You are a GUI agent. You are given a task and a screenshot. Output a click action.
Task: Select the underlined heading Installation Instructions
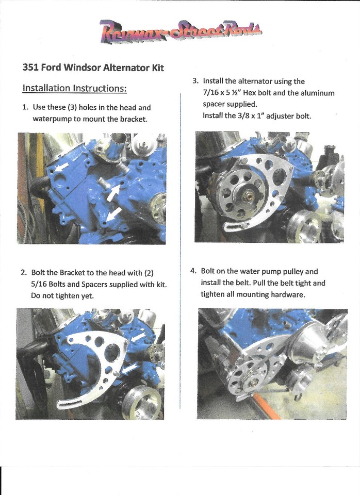pyautogui.click(x=75, y=88)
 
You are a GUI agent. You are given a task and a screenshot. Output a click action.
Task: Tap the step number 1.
pyautogui.click(x=24, y=108)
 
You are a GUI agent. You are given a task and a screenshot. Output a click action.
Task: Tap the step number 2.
pyautogui.click(x=24, y=272)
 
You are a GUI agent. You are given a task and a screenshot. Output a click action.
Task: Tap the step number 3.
pyautogui.click(x=195, y=81)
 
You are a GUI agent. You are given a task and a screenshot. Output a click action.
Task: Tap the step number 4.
pyautogui.click(x=193, y=271)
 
